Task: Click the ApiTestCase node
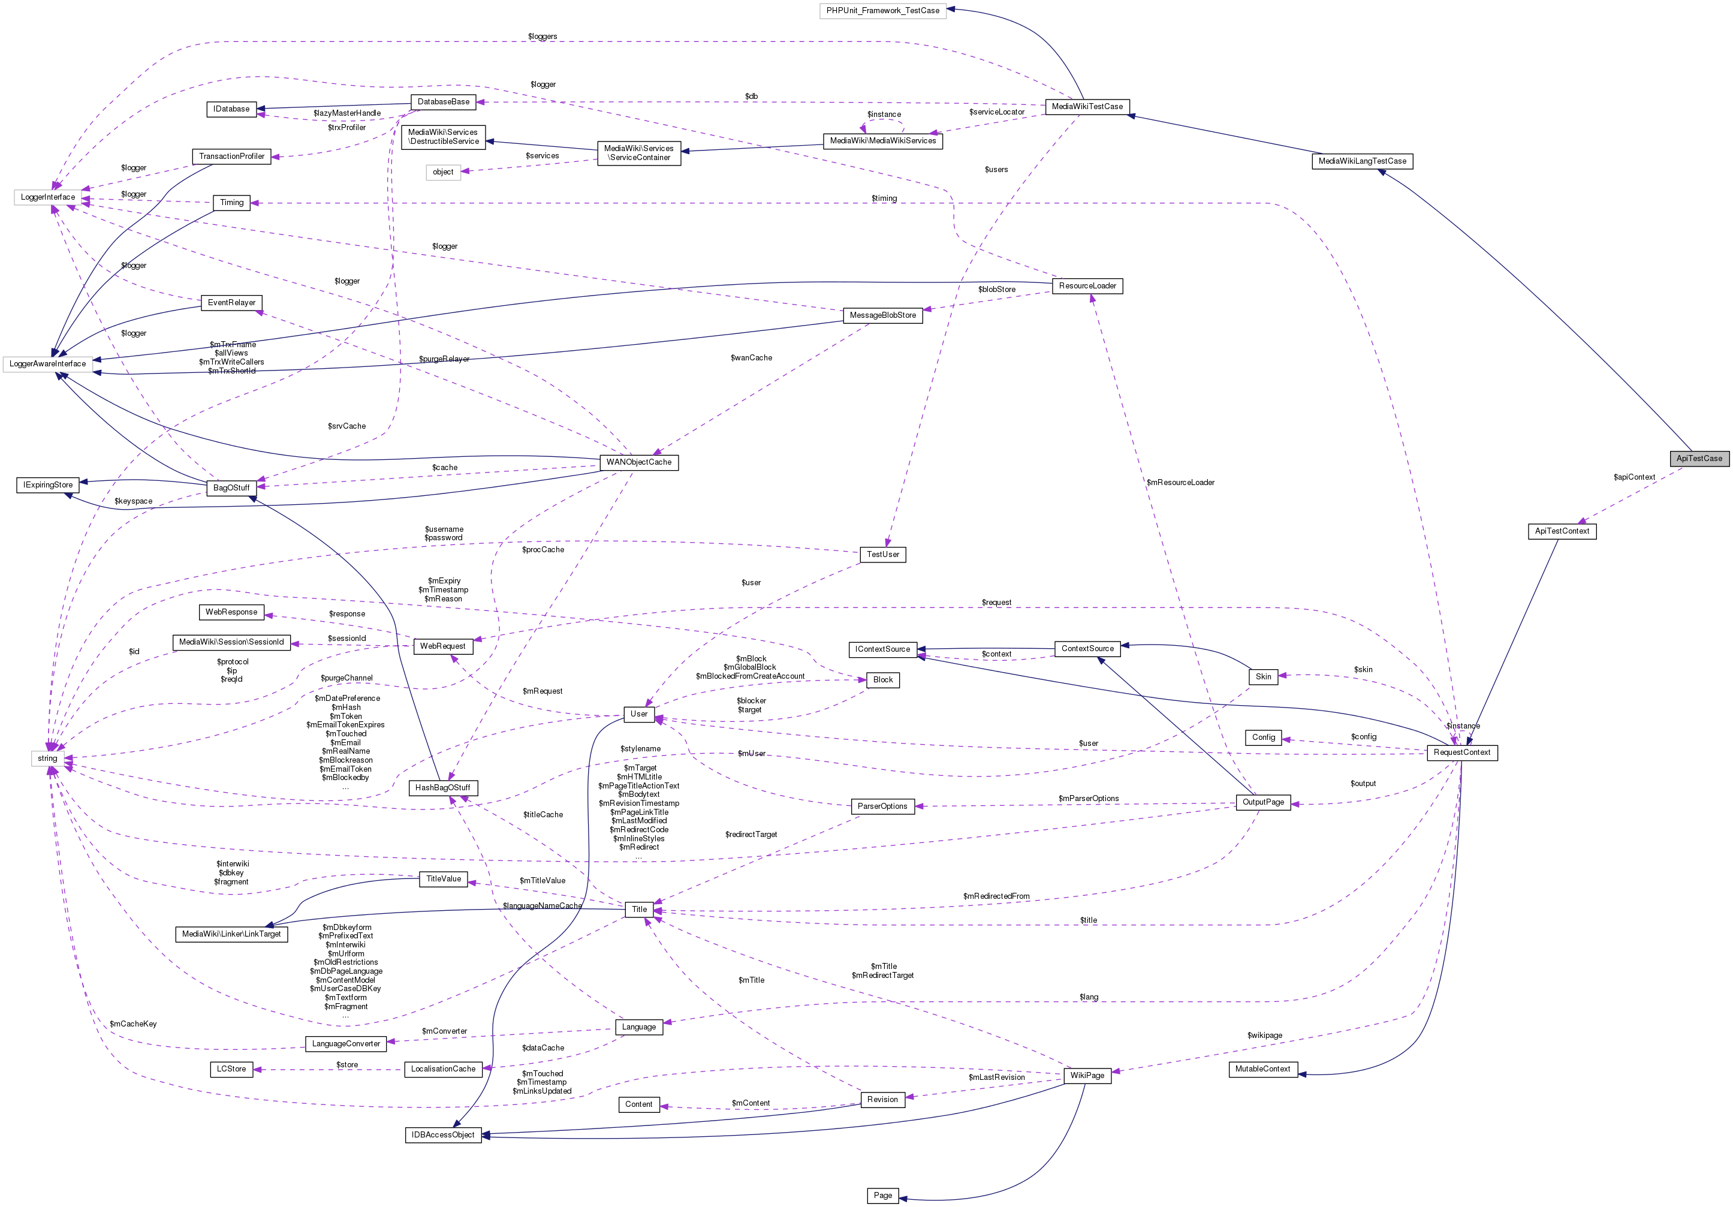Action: click(x=1698, y=458)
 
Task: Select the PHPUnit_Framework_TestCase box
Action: click(x=882, y=11)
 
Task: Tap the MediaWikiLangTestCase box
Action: click(x=1362, y=161)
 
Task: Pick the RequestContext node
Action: click(x=1461, y=752)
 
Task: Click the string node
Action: click(x=47, y=758)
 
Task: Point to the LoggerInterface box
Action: click(x=47, y=197)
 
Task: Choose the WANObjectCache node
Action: click(x=638, y=462)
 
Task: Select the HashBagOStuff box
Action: click(x=442, y=787)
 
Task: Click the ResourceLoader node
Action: click(x=1087, y=285)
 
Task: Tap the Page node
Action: click(x=882, y=1195)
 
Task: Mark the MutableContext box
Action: click(x=1263, y=1069)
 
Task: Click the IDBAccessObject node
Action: click(x=442, y=1134)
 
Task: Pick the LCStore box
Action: click(x=231, y=1069)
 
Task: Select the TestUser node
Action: click(x=882, y=554)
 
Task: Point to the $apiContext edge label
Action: click(x=1633, y=477)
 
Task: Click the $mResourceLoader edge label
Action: click(x=1180, y=482)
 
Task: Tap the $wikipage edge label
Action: click(x=1264, y=1035)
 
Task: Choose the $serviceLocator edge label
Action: click(x=996, y=112)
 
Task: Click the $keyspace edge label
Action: click(x=133, y=501)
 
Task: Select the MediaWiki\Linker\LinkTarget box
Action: click(x=231, y=934)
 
